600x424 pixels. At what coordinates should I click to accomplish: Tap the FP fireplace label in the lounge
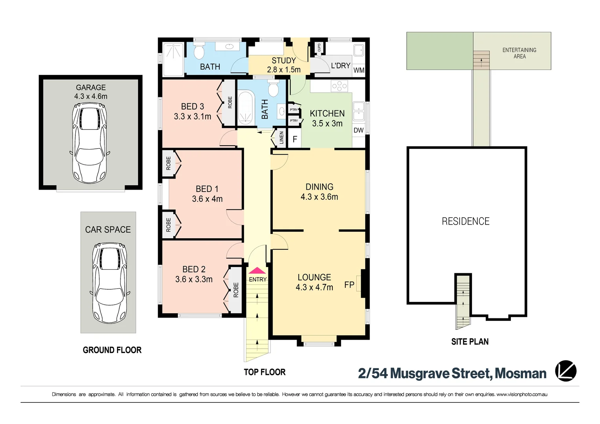[349, 285]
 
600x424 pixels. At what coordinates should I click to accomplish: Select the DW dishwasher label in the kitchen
[359, 130]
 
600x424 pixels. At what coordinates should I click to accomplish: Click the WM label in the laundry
[359, 70]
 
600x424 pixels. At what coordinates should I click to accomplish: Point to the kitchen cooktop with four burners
[339, 86]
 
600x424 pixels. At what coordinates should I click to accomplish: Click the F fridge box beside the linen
[295, 139]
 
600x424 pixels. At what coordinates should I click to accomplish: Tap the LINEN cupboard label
[281, 138]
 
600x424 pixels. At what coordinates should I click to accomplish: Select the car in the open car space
[109, 283]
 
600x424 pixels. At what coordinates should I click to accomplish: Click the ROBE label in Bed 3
[230, 102]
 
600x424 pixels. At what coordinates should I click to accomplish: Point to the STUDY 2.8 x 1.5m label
[284, 65]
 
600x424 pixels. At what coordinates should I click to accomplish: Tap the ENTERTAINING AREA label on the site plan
[520, 53]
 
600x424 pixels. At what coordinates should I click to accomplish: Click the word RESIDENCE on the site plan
[465, 221]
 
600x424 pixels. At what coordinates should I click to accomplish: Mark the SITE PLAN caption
[470, 342]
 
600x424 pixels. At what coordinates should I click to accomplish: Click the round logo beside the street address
[566, 371]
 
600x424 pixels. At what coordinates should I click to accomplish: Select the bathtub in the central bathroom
[245, 109]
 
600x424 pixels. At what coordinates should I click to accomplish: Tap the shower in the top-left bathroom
[173, 59]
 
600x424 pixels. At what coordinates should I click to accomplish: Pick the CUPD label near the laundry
[319, 48]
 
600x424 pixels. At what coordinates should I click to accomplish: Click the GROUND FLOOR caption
[112, 350]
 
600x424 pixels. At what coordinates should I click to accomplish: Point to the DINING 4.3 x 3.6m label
[319, 192]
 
